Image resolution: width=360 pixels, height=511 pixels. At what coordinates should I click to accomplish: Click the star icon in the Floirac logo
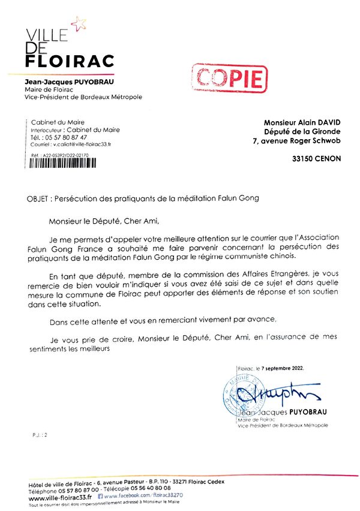(x=78, y=23)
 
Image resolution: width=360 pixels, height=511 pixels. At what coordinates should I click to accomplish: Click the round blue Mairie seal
(x=244, y=395)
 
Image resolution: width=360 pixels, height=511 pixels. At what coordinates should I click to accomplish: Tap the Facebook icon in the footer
(x=100, y=496)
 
